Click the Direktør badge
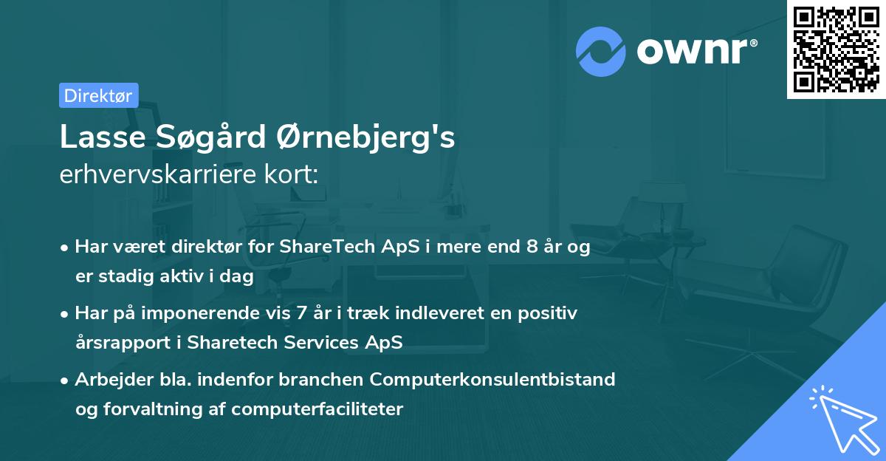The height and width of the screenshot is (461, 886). pos(98,95)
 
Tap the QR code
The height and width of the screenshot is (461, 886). pos(836,49)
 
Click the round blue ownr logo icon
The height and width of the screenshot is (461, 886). pos(601,52)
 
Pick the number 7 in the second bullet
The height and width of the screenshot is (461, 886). pos(301,313)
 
